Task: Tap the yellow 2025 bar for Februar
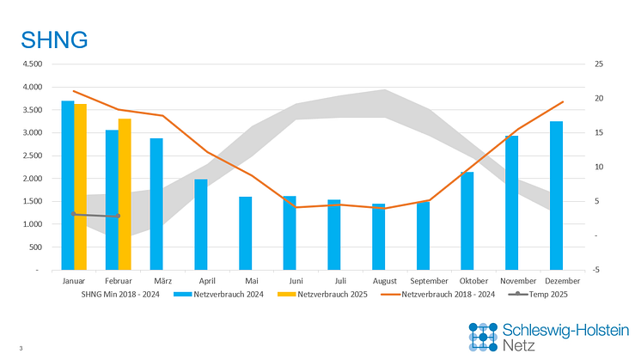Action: (x=125, y=193)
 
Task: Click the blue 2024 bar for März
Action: (x=156, y=204)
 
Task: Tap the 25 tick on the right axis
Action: (x=598, y=64)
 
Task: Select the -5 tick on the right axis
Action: (x=598, y=270)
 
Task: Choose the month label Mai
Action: (x=252, y=281)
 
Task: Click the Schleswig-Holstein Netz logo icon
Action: (x=483, y=336)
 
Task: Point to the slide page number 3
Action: (x=20, y=347)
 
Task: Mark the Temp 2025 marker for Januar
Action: (x=74, y=214)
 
